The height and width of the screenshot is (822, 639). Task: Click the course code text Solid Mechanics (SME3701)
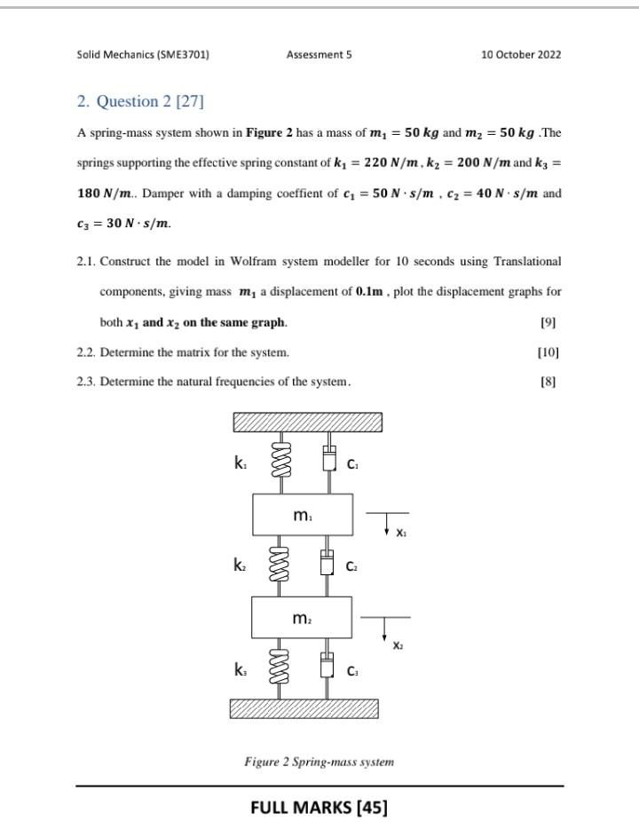pos(143,54)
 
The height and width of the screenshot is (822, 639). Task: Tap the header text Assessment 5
pos(319,54)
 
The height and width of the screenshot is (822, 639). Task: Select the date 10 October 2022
pos(521,54)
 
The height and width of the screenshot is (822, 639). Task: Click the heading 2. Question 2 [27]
pos(140,101)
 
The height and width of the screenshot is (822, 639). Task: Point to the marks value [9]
pos(548,322)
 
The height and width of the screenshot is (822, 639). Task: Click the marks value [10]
pos(548,352)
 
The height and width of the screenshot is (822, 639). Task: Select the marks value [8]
pos(548,383)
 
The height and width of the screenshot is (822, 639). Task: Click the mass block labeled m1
pos(303,515)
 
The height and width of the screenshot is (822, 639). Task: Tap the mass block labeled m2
pos(303,617)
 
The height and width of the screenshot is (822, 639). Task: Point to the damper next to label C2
pos(327,565)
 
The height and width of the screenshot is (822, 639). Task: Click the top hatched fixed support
pos(307,422)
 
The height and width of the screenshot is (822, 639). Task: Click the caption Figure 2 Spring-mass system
pos(319,762)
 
